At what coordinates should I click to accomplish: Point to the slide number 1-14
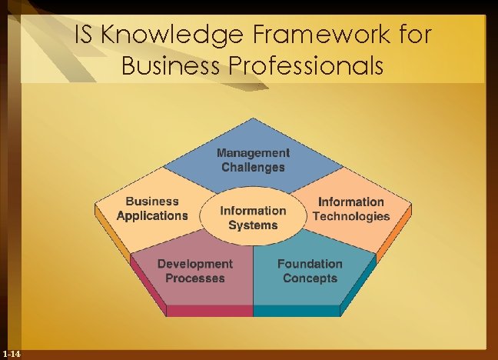pyautogui.click(x=12, y=353)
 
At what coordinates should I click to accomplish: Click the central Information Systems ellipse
pyautogui.click(x=253, y=217)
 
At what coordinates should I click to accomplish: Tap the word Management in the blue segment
pyautogui.click(x=253, y=153)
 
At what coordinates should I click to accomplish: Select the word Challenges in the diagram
pyautogui.click(x=253, y=167)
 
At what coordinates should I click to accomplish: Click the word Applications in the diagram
pyautogui.click(x=152, y=215)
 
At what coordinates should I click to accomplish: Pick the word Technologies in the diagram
pyautogui.click(x=351, y=216)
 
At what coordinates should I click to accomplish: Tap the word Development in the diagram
pyautogui.click(x=194, y=264)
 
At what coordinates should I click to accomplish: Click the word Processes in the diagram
pyautogui.click(x=195, y=278)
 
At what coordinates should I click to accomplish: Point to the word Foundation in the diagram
pyautogui.click(x=310, y=264)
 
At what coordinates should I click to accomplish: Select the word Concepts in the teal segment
pyautogui.click(x=310, y=278)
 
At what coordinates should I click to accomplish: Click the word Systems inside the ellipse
pyautogui.click(x=253, y=225)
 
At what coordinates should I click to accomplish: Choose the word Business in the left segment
pyautogui.click(x=152, y=202)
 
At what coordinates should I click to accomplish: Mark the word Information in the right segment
pyautogui.click(x=351, y=202)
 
